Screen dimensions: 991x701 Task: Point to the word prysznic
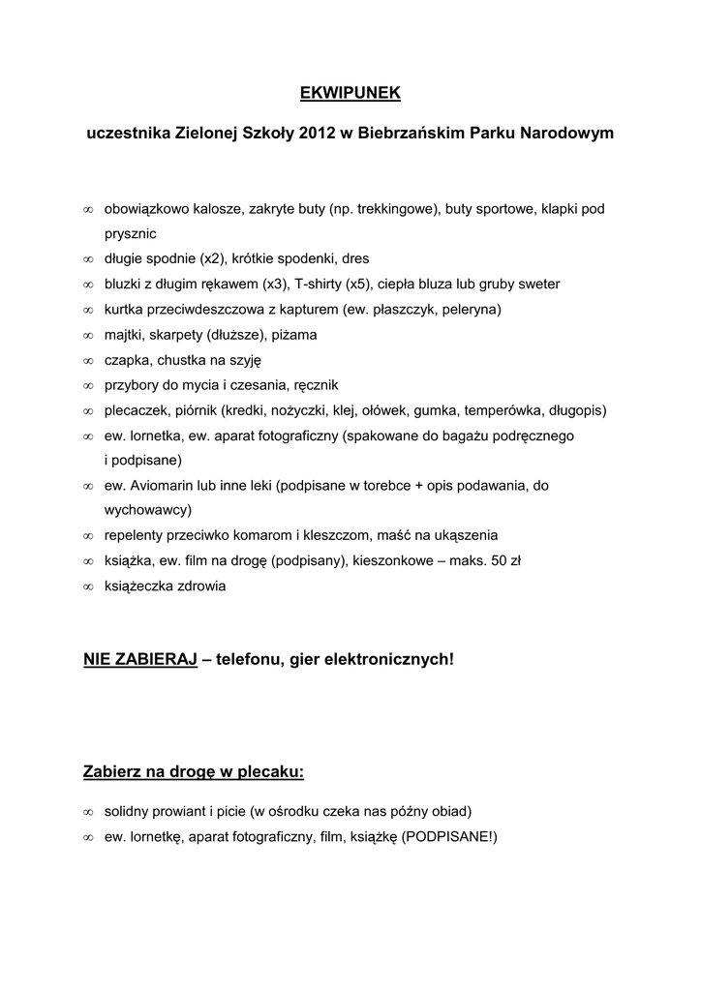point(130,233)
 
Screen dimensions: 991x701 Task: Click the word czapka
point(127,360)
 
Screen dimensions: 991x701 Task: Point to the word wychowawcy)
point(148,510)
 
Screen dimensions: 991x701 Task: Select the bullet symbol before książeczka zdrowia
point(87,586)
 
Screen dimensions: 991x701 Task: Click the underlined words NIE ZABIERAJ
point(140,660)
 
